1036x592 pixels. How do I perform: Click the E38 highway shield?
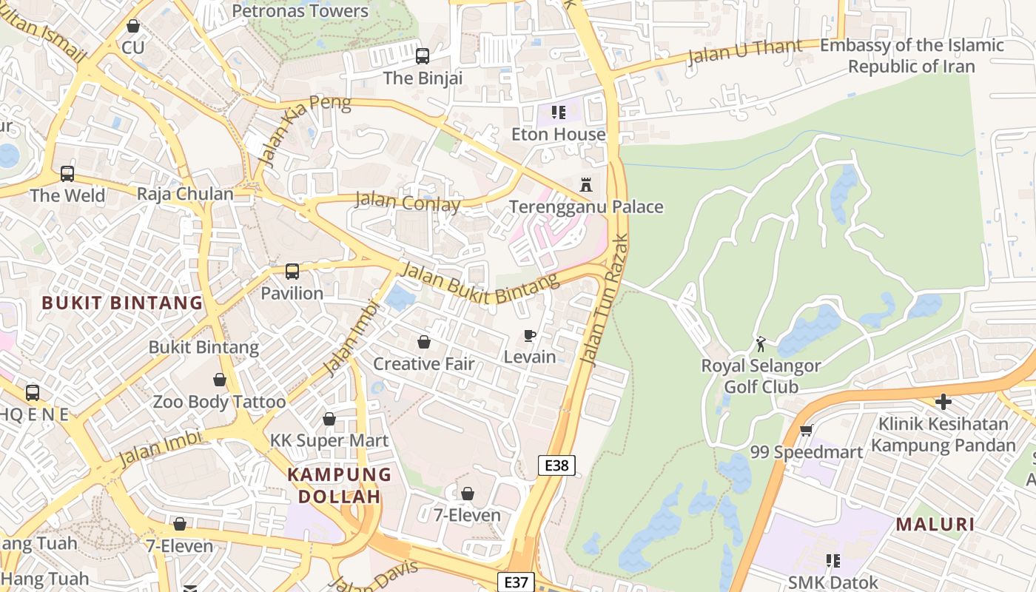click(x=556, y=465)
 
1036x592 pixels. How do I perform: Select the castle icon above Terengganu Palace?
click(x=586, y=184)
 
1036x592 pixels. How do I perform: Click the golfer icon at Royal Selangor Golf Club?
click(x=761, y=344)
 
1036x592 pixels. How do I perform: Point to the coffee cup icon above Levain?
click(x=530, y=335)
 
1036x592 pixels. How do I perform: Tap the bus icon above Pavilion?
click(x=292, y=272)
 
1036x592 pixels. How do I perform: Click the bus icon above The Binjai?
click(x=423, y=55)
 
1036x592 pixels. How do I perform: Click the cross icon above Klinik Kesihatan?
click(x=943, y=402)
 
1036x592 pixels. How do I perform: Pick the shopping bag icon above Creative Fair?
click(x=424, y=341)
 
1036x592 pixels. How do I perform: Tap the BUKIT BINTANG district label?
click(x=122, y=303)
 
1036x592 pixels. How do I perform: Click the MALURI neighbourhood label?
click(x=935, y=525)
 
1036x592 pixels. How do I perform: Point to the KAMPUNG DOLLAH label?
click(x=339, y=485)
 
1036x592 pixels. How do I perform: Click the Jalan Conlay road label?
click(x=408, y=202)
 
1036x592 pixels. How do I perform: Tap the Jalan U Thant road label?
click(x=744, y=52)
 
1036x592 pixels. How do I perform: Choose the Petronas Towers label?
click(x=300, y=11)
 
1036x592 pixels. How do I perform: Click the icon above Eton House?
click(x=559, y=112)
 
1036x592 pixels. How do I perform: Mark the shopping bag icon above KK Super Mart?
click(x=329, y=419)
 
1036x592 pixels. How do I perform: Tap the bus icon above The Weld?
click(x=67, y=174)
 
